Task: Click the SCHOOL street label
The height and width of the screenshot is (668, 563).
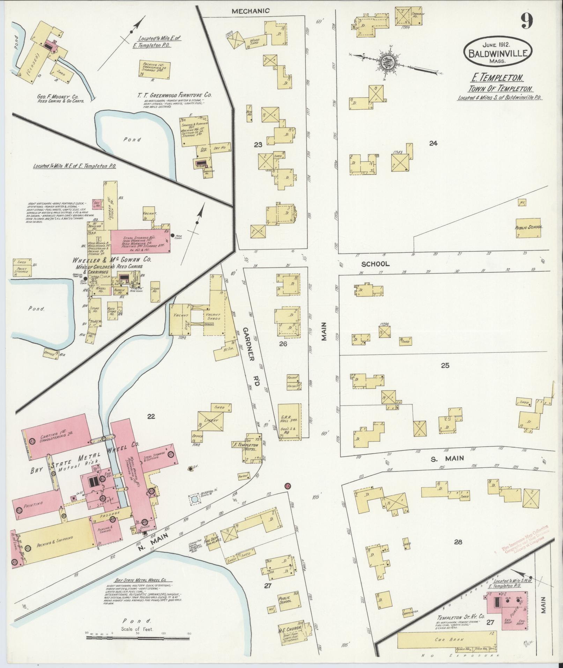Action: point(375,264)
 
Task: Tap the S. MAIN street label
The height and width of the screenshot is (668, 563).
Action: point(442,458)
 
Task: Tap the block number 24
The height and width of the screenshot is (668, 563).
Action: point(433,143)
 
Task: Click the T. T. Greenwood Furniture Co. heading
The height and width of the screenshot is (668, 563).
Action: point(175,95)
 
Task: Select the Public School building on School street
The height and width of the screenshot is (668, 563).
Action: point(529,228)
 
